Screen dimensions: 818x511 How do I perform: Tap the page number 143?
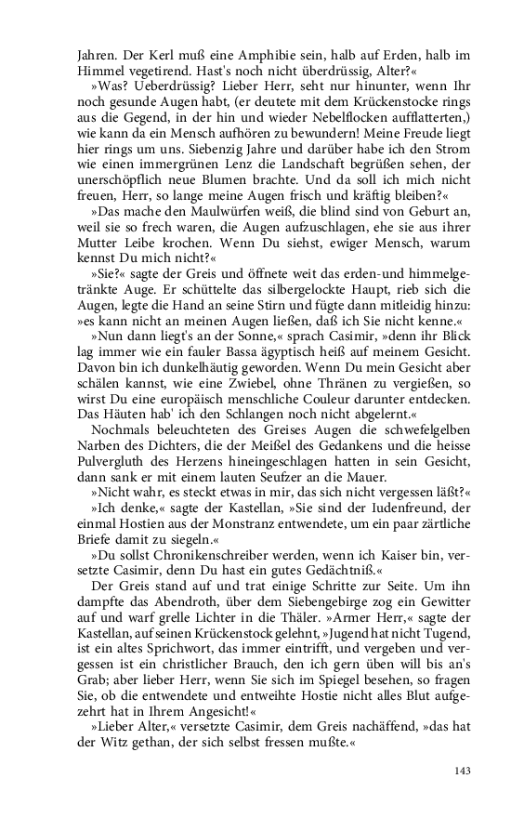[x=464, y=770]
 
